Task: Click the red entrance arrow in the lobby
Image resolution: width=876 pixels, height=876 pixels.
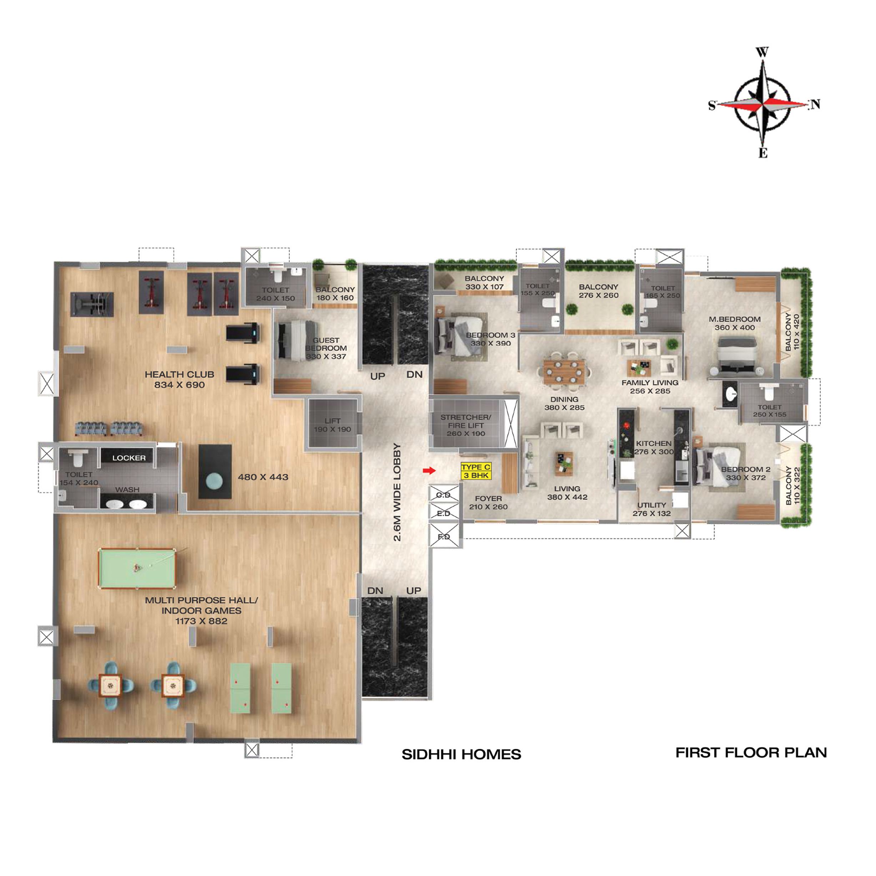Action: pyautogui.click(x=429, y=470)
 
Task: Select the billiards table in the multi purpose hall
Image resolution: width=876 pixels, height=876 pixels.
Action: pyautogui.click(x=137, y=568)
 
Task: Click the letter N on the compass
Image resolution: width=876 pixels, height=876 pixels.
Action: pyautogui.click(x=815, y=104)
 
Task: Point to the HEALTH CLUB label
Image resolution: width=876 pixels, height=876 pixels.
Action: pyautogui.click(x=180, y=374)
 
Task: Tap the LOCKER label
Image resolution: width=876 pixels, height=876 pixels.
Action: pyautogui.click(x=129, y=458)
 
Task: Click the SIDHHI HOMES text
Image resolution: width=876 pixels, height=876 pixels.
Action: pyautogui.click(x=461, y=755)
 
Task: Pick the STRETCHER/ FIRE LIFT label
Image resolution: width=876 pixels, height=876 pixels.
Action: pyautogui.click(x=465, y=421)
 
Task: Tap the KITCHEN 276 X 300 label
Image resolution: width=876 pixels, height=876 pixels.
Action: pyautogui.click(x=654, y=448)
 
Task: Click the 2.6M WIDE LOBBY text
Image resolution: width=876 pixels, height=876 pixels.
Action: pyautogui.click(x=397, y=492)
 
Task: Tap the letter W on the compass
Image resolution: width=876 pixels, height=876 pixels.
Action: pyautogui.click(x=762, y=52)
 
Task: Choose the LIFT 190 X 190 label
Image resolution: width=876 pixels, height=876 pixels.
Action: pyautogui.click(x=332, y=425)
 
